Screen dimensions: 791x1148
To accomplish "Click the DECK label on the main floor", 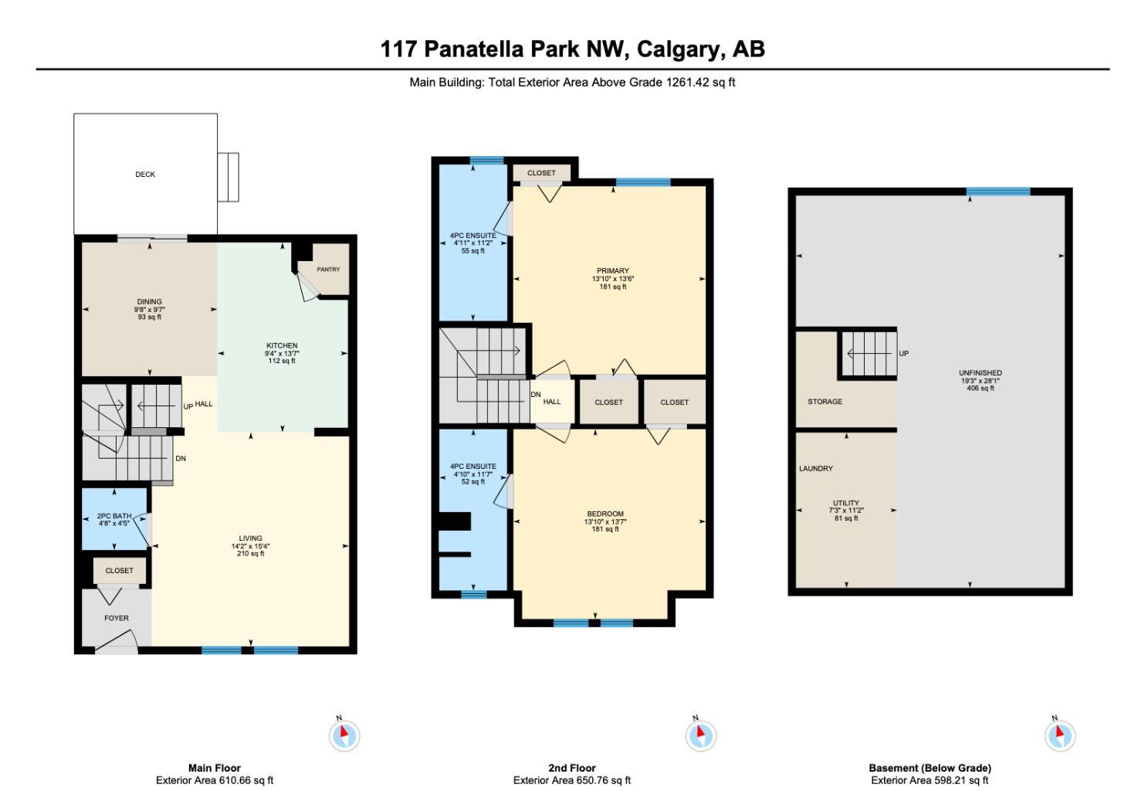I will (145, 175).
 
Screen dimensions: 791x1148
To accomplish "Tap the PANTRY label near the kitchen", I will (328, 270).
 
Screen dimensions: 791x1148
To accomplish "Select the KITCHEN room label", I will (282, 345).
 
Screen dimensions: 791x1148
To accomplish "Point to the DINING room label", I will (149, 302).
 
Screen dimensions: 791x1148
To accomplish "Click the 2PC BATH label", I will (114, 516).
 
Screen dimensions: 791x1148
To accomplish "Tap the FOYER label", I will (117, 618).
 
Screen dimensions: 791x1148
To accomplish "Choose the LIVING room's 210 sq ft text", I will (250, 553).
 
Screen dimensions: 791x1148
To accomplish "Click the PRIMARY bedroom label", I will (612, 271).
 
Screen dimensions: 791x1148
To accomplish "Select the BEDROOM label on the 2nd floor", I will (605, 514).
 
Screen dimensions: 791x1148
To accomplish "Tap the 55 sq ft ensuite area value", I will (472, 251).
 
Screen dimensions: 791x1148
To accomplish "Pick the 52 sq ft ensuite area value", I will (472, 482).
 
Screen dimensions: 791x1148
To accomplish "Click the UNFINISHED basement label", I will (980, 373).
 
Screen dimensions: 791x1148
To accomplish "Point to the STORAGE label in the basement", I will (825, 402).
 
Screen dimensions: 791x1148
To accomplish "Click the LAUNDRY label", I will (816, 469).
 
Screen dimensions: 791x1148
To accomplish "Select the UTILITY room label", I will (846, 503).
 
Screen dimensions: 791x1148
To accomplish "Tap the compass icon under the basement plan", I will (1059, 735).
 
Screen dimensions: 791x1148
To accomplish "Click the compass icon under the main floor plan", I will (344, 735).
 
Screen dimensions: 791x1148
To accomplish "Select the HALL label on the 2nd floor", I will (551, 402).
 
